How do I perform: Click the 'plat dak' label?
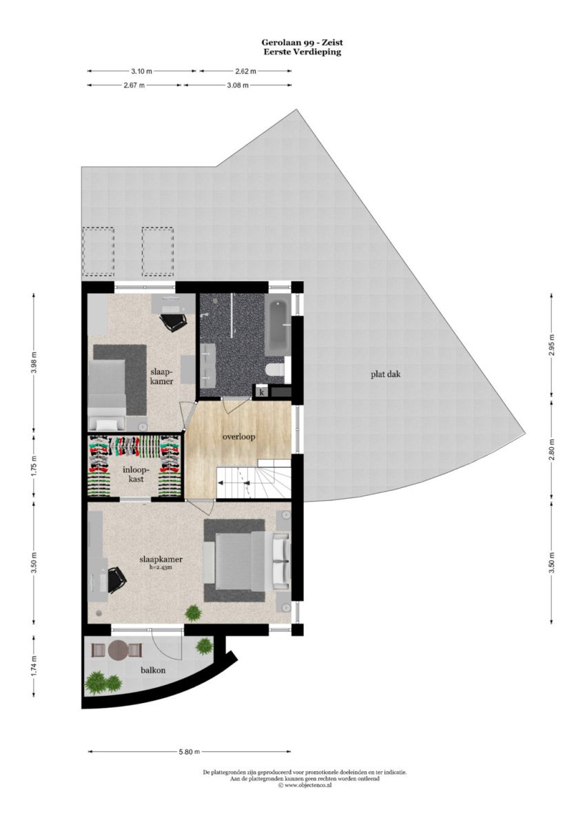click(x=385, y=374)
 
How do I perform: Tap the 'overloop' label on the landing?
click(x=239, y=437)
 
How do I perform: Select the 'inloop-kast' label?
click(x=136, y=474)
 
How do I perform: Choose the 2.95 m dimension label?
click(x=551, y=345)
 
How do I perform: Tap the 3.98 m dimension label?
click(x=34, y=363)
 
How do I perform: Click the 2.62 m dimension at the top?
click(x=246, y=71)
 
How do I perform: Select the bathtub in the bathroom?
click(x=278, y=325)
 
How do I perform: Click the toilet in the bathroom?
click(x=274, y=370)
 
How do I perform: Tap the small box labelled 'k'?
click(x=261, y=391)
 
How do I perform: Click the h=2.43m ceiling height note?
click(x=161, y=567)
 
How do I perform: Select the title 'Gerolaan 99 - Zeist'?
click(x=302, y=43)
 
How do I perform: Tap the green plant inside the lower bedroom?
click(x=194, y=613)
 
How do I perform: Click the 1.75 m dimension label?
click(x=34, y=467)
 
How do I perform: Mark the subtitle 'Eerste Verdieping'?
click(x=302, y=52)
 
